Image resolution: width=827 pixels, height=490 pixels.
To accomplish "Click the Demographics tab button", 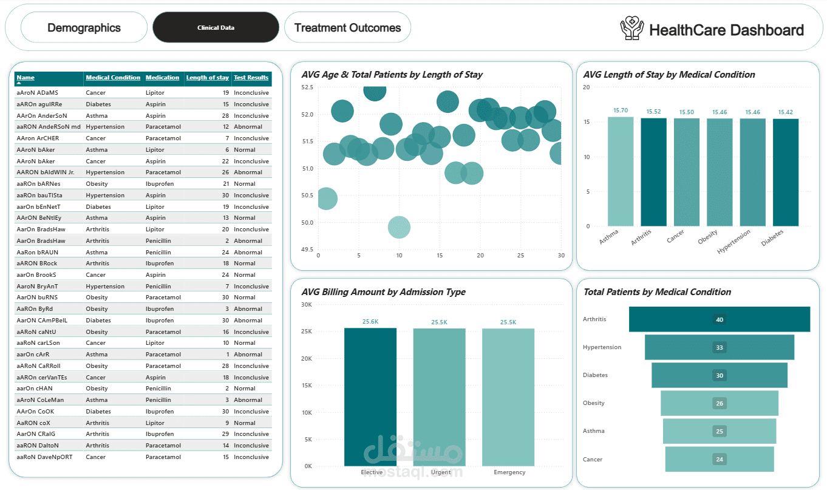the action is click(x=84, y=27).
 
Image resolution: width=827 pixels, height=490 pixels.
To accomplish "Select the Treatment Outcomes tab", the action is click(x=347, y=27).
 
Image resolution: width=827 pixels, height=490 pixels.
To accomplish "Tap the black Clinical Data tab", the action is click(x=216, y=27).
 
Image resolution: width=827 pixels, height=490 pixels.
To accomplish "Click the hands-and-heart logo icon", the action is click(x=631, y=28).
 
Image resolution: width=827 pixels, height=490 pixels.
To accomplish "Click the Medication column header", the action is click(x=162, y=78).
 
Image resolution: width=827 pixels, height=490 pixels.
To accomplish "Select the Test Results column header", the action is click(x=251, y=78).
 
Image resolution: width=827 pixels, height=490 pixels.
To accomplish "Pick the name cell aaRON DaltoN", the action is click(x=37, y=445).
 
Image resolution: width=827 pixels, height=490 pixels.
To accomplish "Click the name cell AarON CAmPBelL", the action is click(x=42, y=320).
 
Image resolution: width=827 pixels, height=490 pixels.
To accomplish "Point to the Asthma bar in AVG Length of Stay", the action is click(x=621, y=171).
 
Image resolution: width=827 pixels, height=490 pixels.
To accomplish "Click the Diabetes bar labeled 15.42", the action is click(x=786, y=172).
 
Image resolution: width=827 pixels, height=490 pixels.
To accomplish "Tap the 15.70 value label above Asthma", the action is click(x=621, y=111).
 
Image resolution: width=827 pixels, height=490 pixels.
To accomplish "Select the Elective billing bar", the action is click(x=370, y=397).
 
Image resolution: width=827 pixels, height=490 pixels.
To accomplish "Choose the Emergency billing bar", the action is click(x=508, y=397).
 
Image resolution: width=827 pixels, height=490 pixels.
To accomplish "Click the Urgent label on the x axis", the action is click(x=441, y=472).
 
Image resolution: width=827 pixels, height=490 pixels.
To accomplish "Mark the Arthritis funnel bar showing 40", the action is click(x=720, y=319).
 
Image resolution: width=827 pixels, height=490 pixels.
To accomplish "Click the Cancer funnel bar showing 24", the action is click(x=720, y=459).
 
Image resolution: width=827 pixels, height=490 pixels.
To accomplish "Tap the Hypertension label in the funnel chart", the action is click(x=602, y=347).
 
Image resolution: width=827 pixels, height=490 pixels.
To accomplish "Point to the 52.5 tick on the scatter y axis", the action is click(x=307, y=87).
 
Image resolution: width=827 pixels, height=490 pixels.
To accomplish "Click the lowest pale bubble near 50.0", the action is click(x=399, y=227).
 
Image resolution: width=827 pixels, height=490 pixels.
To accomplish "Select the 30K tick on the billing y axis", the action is click(x=307, y=305).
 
